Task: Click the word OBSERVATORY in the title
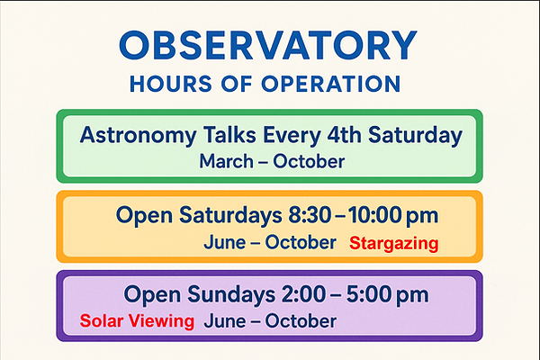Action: click(x=268, y=45)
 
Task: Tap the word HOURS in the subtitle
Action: click(x=170, y=84)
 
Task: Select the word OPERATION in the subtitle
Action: click(x=331, y=84)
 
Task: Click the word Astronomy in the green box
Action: click(x=138, y=136)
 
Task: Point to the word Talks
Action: click(x=229, y=134)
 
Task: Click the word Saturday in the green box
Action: click(x=415, y=136)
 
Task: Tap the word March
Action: click(x=226, y=161)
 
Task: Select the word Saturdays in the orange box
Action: click(x=230, y=216)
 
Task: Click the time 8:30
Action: click(x=310, y=215)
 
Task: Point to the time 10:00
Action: click(x=374, y=215)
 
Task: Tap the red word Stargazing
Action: click(x=394, y=244)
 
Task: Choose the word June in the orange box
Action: click(x=224, y=242)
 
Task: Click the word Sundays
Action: click(x=231, y=295)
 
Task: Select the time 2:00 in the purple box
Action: click(x=304, y=294)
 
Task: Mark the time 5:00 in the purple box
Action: click(x=368, y=294)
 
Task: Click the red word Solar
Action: click(x=101, y=320)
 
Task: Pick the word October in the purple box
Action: click(x=301, y=321)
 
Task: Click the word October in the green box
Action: click(x=309, y=161)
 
